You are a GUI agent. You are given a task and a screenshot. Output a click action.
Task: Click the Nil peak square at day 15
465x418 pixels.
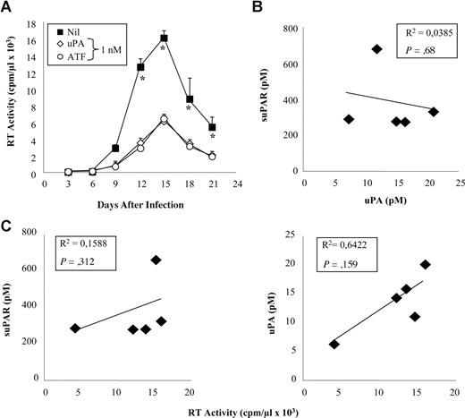pos(139,38)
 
